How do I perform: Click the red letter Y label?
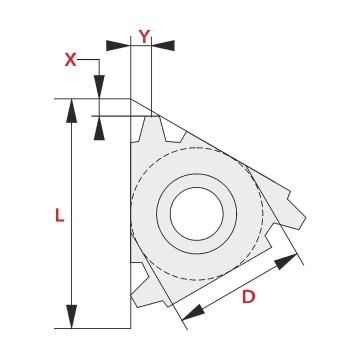[144, 36]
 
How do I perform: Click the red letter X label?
[70, 60]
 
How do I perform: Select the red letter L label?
[59, 216]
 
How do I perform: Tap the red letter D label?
[248, 297]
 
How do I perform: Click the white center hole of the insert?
[197, 213]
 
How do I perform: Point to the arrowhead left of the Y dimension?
[118, 45]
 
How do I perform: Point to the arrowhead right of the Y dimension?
[163, 45]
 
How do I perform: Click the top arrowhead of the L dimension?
[71, 111]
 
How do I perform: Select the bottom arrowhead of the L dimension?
[71, 316]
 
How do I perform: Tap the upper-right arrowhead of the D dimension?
[286, 262]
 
